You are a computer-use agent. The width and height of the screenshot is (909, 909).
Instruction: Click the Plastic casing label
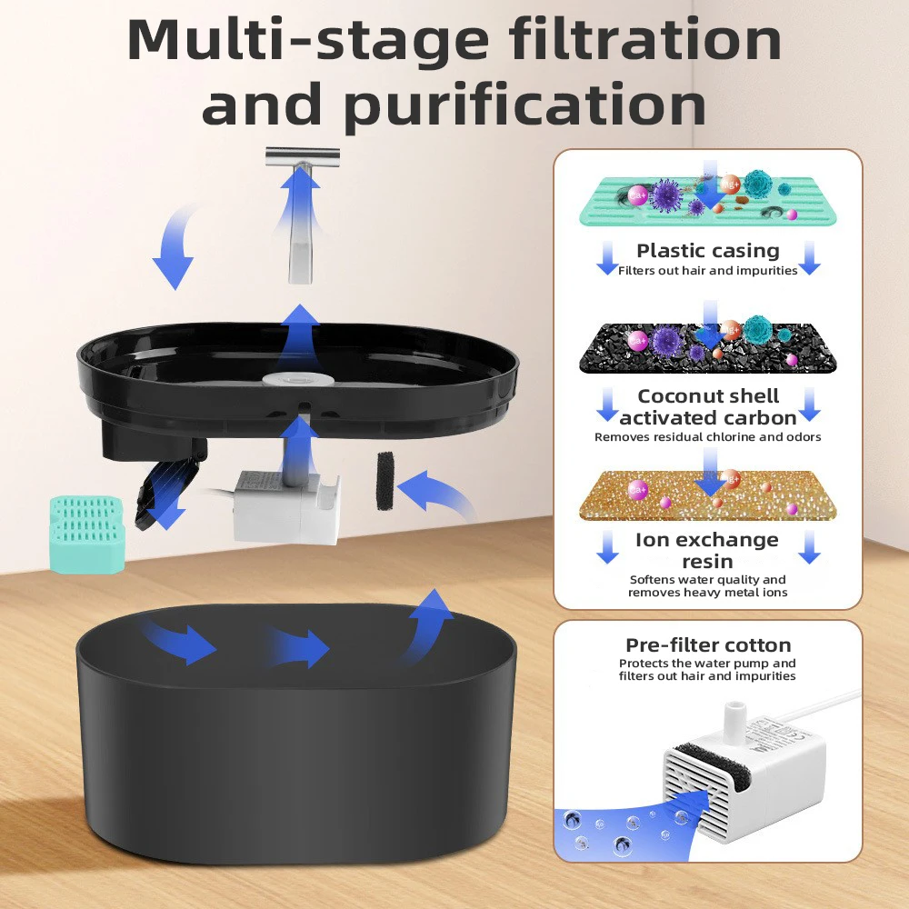(707, 251)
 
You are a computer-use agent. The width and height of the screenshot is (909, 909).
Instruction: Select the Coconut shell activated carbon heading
(707, 406)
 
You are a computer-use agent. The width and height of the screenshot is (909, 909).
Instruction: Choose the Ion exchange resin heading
(707, 551)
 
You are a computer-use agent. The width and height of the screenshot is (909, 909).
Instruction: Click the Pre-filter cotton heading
(707, 645)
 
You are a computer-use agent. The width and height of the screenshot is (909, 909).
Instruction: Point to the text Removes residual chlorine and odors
(707, 437)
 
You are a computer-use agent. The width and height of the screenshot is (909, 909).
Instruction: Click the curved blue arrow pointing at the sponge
(441, 495)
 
